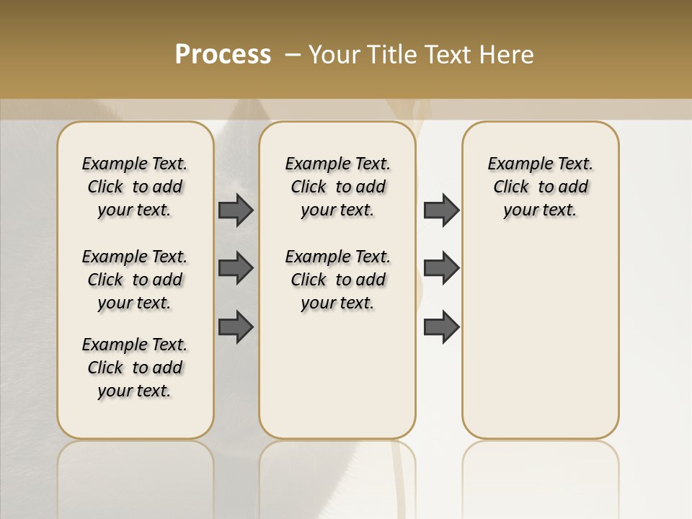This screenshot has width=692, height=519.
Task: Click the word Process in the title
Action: (223, 55)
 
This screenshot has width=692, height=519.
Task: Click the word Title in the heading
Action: (390, 55)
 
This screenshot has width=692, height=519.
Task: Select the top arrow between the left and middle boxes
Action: (236, 210)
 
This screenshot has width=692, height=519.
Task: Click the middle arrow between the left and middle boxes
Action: (236, 268)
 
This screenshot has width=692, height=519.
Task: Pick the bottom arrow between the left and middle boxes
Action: (236, 327)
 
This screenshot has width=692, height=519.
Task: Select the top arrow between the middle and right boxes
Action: (441, 210)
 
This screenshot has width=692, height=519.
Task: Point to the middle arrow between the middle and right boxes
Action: (441, 268)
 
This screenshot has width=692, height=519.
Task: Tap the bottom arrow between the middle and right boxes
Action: (441, 327)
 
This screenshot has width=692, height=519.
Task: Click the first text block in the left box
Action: (135, 187)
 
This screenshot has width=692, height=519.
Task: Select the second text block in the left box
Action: (135, 280)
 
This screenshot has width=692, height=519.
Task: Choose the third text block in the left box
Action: (135, 368)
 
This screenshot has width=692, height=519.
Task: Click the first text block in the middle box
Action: (337, 187)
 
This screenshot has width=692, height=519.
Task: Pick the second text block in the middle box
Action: (337, 280)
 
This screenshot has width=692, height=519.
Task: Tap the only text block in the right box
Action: (540, 187)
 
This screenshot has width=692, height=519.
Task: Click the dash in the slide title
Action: (293, 55)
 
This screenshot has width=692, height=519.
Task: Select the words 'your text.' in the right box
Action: (540, 210)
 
